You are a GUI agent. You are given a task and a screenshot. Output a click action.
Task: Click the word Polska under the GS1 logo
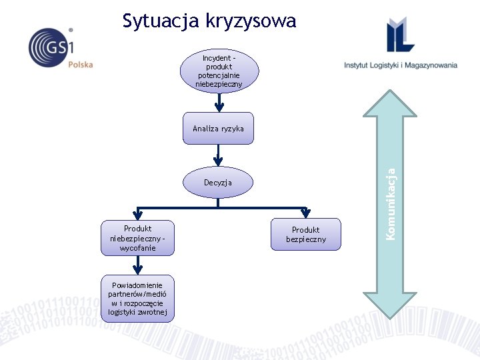[x=81, y=65]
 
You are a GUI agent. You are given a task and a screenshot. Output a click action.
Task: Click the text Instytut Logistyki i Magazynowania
[x=401, y=65]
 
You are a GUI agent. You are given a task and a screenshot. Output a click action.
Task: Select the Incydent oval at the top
[x=219, y=71]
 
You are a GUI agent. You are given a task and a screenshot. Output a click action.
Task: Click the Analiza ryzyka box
[x=219, y=128]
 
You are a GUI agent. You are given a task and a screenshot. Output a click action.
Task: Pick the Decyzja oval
[x=218, y=181]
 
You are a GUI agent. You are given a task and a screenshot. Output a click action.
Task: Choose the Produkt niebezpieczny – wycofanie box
[x=137, y=238]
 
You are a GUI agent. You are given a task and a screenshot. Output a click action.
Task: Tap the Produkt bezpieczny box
[x=306, y=234]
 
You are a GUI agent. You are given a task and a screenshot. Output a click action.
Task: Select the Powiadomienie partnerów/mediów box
[x=137, y=298]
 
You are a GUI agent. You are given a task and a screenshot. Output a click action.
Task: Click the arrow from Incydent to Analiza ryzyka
[x=219, y=102]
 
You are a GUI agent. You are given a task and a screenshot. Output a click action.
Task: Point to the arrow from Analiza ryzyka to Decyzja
[x=217, y=155]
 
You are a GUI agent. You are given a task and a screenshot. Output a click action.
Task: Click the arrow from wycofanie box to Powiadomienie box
[x=137, y=265]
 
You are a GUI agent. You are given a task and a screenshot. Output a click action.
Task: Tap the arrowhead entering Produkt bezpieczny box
[x=305, y=213]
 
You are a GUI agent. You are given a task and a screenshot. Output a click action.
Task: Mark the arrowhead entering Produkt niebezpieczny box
[x=137, y=215]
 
